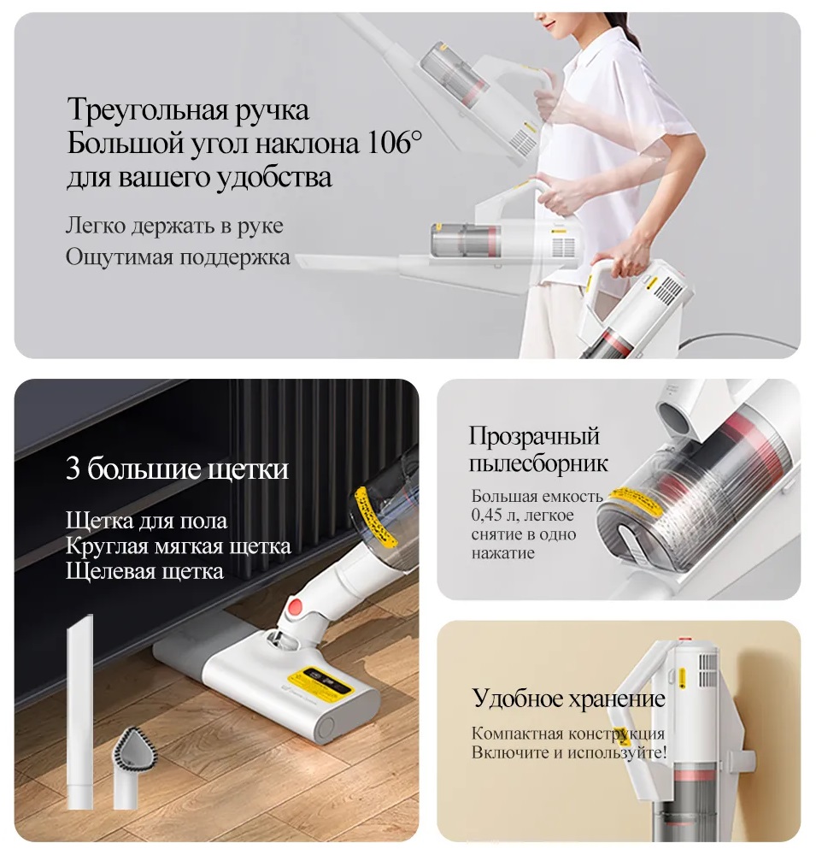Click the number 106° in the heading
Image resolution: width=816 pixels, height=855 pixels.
(x=395, y=143)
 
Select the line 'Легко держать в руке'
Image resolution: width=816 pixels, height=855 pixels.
(x=174, y=225)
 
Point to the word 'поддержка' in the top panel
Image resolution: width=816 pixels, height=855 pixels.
(x=235, y=257)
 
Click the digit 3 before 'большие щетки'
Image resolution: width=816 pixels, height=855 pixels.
(x=73, y=468)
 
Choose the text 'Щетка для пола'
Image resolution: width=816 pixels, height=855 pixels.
(x=147, y=521)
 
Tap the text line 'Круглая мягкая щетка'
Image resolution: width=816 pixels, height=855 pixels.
(x=179, y=545)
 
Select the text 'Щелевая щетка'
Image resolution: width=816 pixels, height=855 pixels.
(x=145, y=571)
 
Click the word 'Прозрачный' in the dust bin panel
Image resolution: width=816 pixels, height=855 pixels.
(x=535, y=436)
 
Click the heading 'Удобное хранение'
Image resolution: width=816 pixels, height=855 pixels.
(x=568, y=698)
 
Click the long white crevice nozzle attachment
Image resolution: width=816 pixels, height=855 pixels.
(x=79, y=711)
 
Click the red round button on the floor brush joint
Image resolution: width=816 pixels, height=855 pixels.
(x=296, y=606)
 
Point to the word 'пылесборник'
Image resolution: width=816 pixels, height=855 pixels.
(x=538, y=463)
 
